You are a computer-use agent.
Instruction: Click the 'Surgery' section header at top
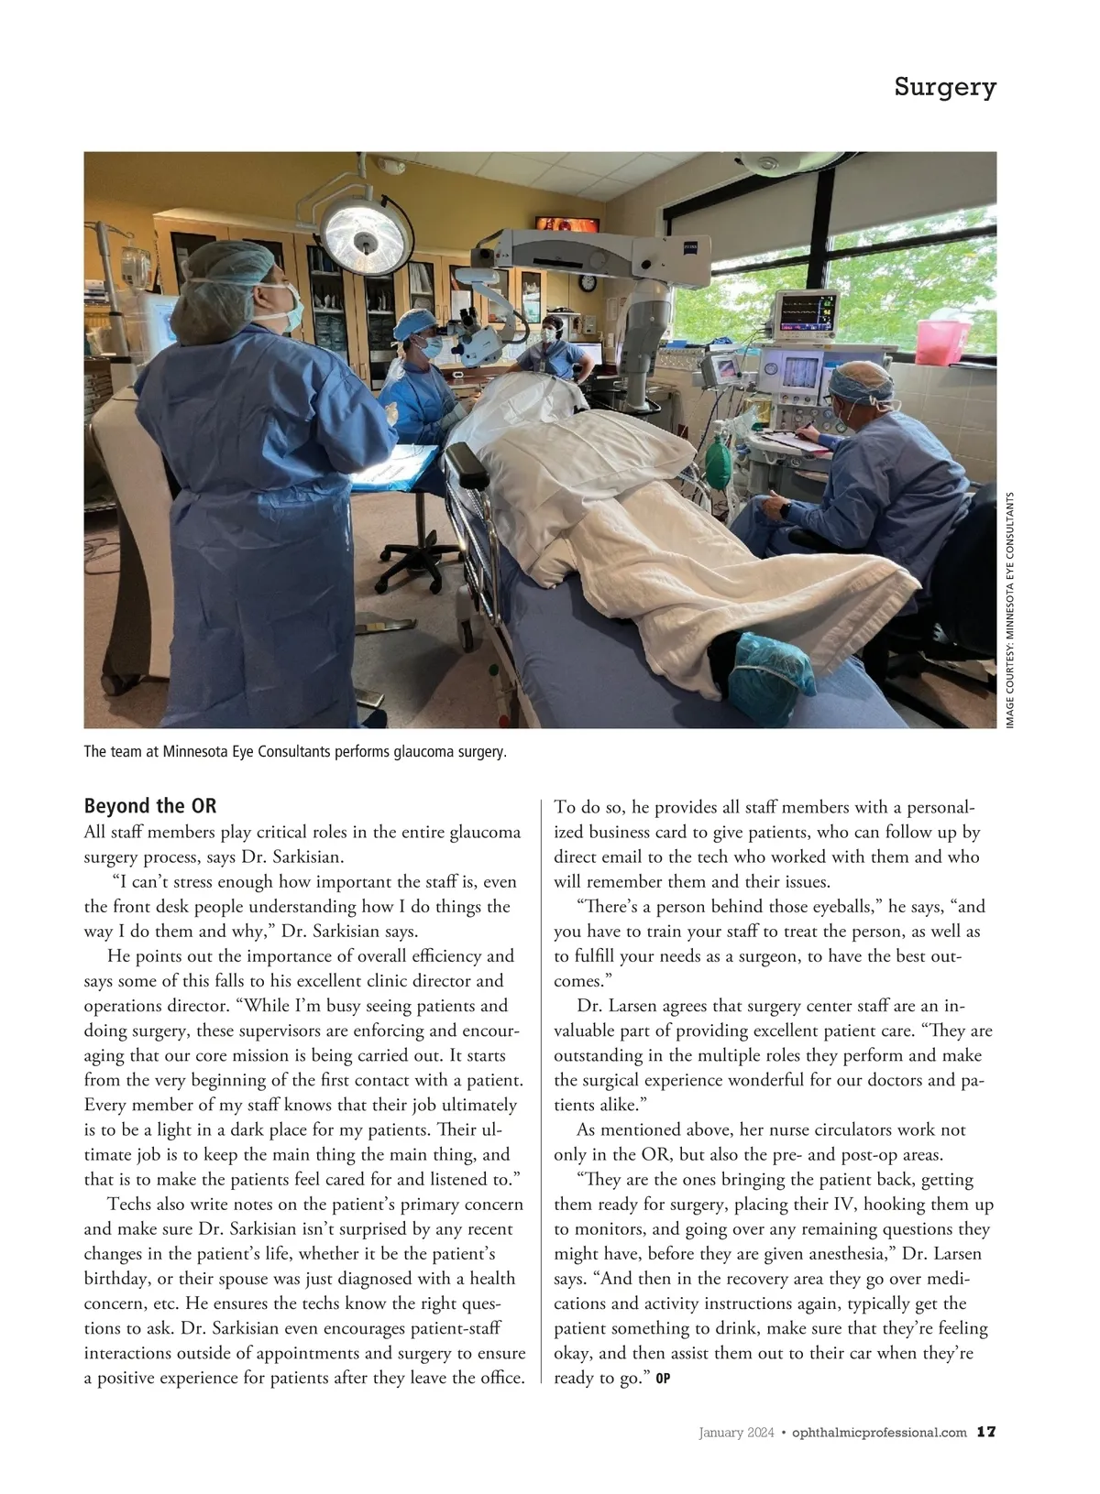click(944, 88)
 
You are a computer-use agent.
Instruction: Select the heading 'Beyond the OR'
click(150, 806)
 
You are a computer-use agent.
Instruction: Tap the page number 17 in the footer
click(986, 1432)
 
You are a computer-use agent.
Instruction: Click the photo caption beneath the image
click(295, 752)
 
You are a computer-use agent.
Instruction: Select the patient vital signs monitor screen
click(807, 313)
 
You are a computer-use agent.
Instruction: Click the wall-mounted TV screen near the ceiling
click(566, 224)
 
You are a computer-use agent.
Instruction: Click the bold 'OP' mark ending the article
click(663, 1379)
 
